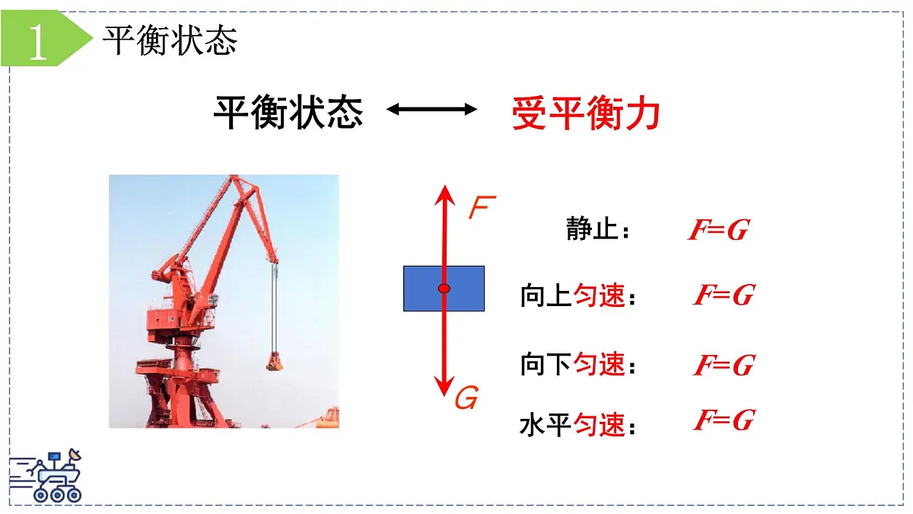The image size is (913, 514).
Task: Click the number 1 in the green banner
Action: [37, 43]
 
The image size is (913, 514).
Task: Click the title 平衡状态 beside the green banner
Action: [170, 40]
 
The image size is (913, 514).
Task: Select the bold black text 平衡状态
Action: [288, 112]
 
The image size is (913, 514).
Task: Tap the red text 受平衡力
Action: [585, 113]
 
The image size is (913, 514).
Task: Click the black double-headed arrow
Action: [431, 110]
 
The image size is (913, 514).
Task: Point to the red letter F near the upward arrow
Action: [482, 207]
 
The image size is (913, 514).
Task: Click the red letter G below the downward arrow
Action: [466, 397]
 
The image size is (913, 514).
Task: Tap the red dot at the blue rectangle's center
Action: [444, 288]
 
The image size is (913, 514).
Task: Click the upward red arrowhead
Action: [444, 195]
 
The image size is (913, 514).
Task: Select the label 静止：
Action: [598, 228]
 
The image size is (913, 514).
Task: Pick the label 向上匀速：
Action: [577, 295]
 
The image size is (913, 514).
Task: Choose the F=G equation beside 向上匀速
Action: [723, 295]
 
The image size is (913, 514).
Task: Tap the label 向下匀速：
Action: [577, 365]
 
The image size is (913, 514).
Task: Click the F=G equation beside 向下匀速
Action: [723, 366]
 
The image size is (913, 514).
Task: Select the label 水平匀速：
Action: [577, 425]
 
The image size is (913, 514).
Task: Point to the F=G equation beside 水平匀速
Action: [723, 420]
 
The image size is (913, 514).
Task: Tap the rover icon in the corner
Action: [47, 476]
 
